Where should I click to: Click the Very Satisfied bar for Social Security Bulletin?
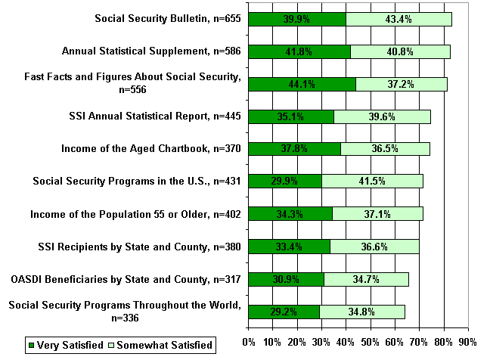pyautogui.click(x=296, y=19)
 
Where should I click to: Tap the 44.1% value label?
pyautogui.click(x=302, y=84)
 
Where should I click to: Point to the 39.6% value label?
pyautogui.click(x=382, y=116)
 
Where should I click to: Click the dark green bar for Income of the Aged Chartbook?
pyautogui.click(x=294, y=149)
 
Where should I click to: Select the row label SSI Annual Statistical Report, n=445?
pyautogui.click(x=154, y=116)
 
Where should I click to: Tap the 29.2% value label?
pyautogui.click(x=284, y=312)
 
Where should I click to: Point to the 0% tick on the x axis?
pyautogui.click(x=248, y=340)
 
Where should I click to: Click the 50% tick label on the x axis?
pyautogui.click(x=371, y=340)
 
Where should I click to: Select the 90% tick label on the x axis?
pyautogui.click(x=469, y=340)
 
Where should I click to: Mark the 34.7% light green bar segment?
pyautogui.click(x=366, y=279)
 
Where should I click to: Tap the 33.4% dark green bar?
pyautogui.click(x=289, y=247)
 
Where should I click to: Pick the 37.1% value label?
pyautogui.click(x=377, y=214)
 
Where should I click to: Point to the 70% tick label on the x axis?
pyautogui.click(x=420, y=340)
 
